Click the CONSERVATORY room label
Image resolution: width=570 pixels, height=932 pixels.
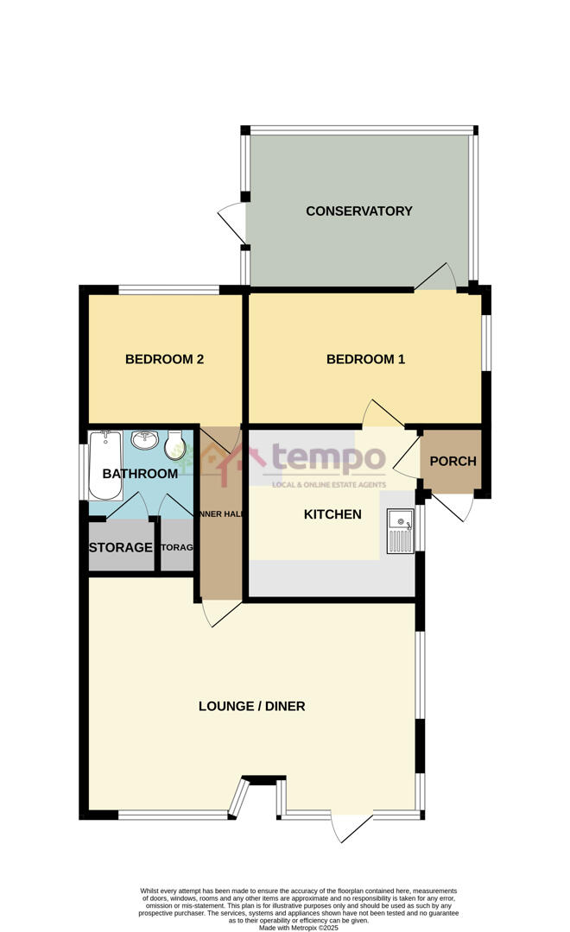[x=359, y=211]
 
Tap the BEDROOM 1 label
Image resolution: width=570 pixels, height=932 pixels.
[x=365, y=360]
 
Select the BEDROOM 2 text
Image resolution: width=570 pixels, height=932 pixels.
[x=164, y=360]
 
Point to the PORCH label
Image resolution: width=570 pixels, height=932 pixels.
[x=453, y=462]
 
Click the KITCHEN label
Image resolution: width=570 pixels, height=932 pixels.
[x=332, y=515]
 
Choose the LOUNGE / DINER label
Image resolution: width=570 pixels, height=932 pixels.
[x=252, y=707]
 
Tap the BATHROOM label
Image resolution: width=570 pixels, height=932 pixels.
[x=140, y=474]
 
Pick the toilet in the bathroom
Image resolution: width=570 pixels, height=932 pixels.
[x=174, y=444]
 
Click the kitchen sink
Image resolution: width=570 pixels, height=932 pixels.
[x=402, y=529]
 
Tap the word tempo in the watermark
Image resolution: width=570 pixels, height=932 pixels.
[x=317, y=458]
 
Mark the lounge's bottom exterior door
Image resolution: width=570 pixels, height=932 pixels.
[x=350, y=828]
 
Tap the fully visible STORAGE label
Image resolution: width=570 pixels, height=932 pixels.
[x=120, y=548]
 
